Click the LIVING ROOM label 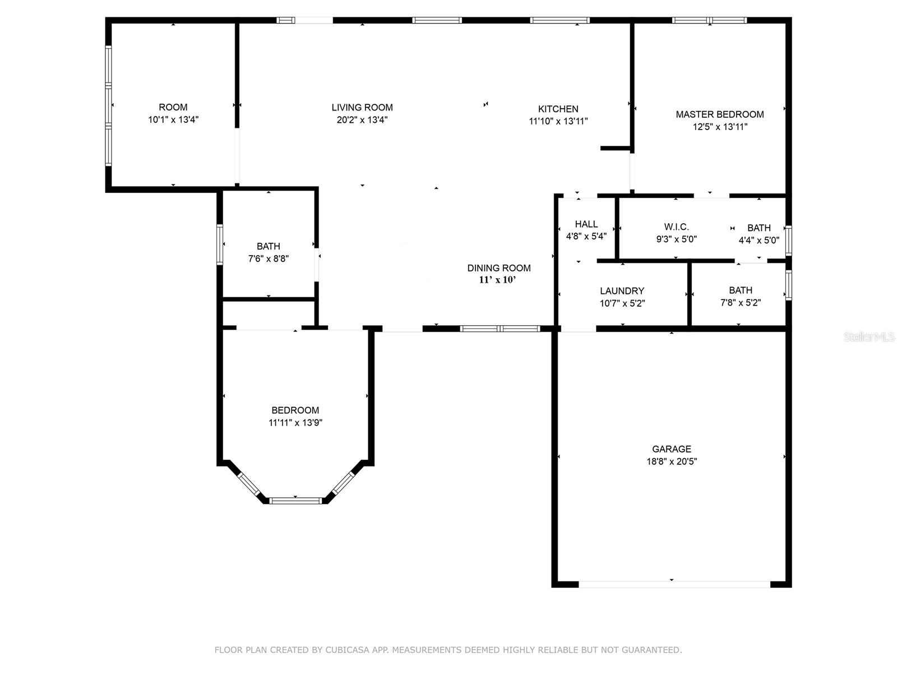(362, 108)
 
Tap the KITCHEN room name (558, 109)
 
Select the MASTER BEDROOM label (720, 114)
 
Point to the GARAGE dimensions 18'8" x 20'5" (672, 462)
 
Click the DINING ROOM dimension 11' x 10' (497, 280)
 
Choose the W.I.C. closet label (676, 227)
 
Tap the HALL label (586, 224)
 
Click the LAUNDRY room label (622, 291)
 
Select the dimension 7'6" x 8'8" (269, 259)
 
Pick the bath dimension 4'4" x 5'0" (759, 240)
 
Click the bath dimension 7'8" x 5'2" (741, 303)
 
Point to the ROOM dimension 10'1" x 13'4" (173, 119)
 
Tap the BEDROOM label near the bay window (295, 411)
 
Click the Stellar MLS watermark (869, 337)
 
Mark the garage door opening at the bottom (674, 584)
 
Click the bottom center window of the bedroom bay (295, 501)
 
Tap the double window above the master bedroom (709, 20)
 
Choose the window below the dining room (500, 329)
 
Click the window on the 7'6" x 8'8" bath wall (220, 245)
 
